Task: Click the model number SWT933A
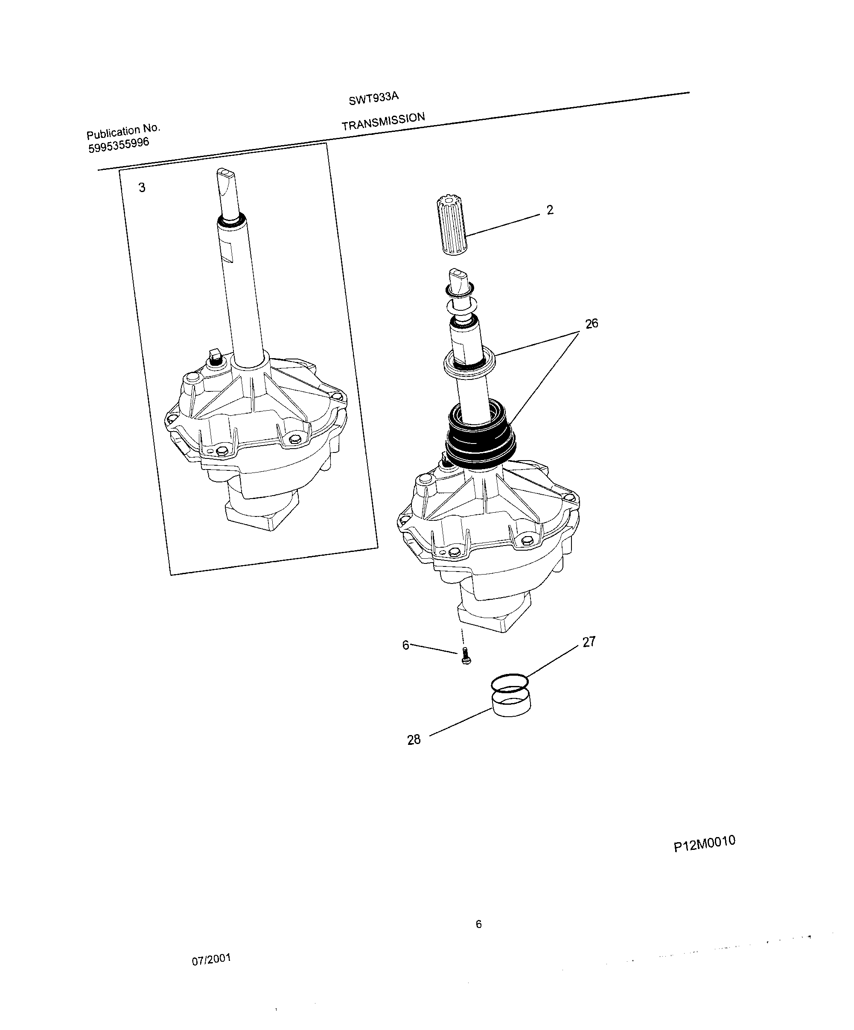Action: click(373, 99)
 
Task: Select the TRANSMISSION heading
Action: click(383, 122)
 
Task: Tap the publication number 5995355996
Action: click(119, 145)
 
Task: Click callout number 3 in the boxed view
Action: click(142, 187)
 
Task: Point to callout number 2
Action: click(550, 210)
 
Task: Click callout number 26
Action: click(592, 324)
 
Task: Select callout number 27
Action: click(589, 642)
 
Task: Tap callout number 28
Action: click(414, 740)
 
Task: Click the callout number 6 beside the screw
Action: click(405, 645)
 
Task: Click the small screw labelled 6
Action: click(465, 656)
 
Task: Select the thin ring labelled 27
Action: click(510, 682)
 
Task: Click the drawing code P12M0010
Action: click(704, 843)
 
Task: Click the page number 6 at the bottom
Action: click(479, 925)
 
